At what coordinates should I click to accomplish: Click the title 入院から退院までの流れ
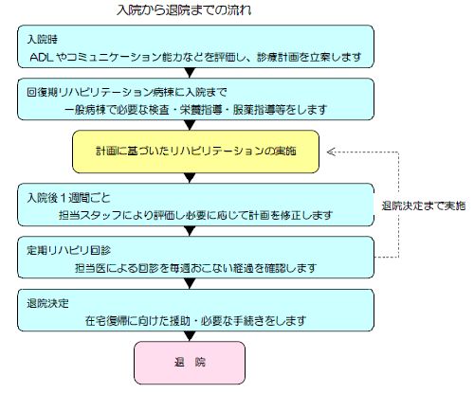(191, 10)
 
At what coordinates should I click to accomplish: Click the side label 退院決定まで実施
(423, 206)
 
